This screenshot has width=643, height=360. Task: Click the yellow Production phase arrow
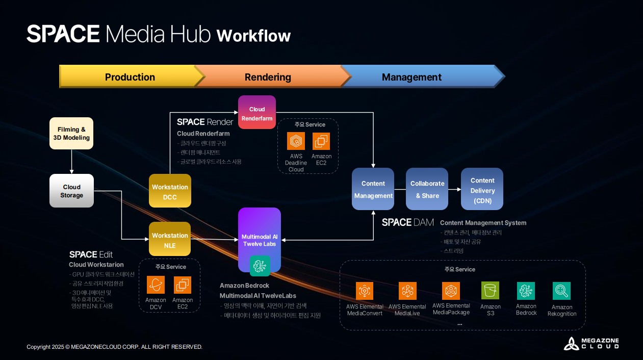(x=130, y=77)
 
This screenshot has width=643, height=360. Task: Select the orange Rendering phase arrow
(x=268, y=77)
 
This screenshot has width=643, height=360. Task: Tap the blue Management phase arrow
(x=412, y=77)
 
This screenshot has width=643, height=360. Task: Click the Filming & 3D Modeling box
(x=71, y=133)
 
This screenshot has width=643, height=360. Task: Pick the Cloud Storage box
(x=71, y=191)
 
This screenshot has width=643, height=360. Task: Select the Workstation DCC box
(x=170, y=191)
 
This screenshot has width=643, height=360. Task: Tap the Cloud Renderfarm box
(x=257, y=113)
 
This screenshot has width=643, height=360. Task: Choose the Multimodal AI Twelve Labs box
(x=260, y=240)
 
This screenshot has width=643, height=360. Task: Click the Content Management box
(x=373, y=189)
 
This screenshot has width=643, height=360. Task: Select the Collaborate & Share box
(x=427, y=189)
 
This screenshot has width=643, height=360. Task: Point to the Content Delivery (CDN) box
(x=482, y=189)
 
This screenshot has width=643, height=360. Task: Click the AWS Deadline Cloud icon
(x=296, y=141)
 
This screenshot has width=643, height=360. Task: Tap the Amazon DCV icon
(x=156, y=285)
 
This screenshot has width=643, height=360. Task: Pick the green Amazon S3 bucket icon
(x=490, y=291)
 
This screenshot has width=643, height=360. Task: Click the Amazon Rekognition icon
(x=561, y=291)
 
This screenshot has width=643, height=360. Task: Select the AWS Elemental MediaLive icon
(x=407, y=291)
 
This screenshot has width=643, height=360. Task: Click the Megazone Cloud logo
(x=591, y=343)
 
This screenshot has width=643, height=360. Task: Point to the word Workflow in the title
(x=253, y=36)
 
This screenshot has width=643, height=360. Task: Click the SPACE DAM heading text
(x=407, y=222)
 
